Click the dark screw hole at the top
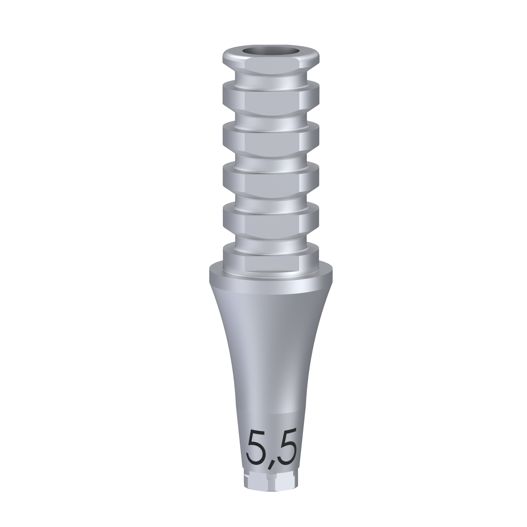point(271,52)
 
